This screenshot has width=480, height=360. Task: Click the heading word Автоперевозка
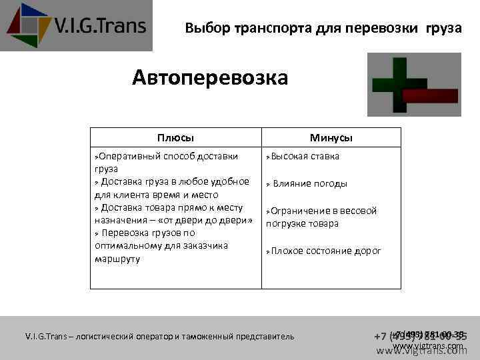[210, 79]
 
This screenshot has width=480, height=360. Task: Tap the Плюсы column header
[175, 138]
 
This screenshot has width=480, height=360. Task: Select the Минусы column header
[331, 138]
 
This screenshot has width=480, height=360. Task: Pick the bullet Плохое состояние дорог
[326, 251]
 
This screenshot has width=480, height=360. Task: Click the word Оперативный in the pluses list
[127, 157]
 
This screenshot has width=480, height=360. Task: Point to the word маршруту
[118, 259]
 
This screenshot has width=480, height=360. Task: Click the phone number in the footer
[420, 336]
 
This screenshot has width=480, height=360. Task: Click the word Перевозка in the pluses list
[130, 233]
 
